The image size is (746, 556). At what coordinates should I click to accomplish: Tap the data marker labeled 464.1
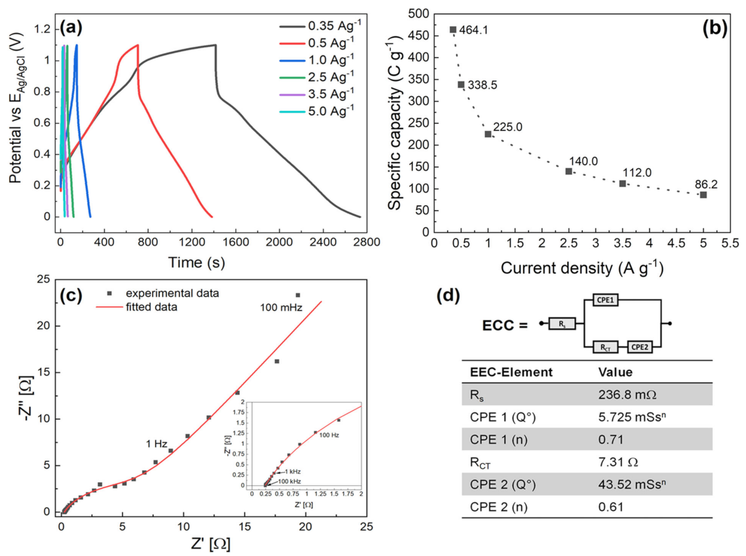coord(453,30)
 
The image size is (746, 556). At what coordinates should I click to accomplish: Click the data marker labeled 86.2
coord(703,195)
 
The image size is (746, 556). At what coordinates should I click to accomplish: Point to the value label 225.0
coord(507,127)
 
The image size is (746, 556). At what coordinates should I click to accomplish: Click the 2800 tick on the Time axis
coord(366,242)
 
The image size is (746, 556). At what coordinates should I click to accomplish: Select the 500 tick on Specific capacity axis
coord(418,14)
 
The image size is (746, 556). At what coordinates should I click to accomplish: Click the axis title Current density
coord(582,268)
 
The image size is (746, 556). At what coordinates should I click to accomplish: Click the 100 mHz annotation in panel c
coord(281,307)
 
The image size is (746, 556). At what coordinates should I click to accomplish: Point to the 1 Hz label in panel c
coord(156,444)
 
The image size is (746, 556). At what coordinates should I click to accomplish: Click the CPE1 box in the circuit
coord(605,300)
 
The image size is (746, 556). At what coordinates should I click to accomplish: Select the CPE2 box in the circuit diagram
coord(639,347)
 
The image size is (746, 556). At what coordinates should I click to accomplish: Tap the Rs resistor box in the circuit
coord(562,324)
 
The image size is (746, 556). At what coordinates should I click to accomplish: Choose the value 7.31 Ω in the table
coord(617,462)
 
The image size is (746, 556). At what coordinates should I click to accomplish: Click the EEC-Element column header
coord(511,372)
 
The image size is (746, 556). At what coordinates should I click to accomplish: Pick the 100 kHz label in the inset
coord(289,482)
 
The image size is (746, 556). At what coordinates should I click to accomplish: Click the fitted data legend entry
coord(151,307)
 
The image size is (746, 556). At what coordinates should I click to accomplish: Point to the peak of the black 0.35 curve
coord(215,45)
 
